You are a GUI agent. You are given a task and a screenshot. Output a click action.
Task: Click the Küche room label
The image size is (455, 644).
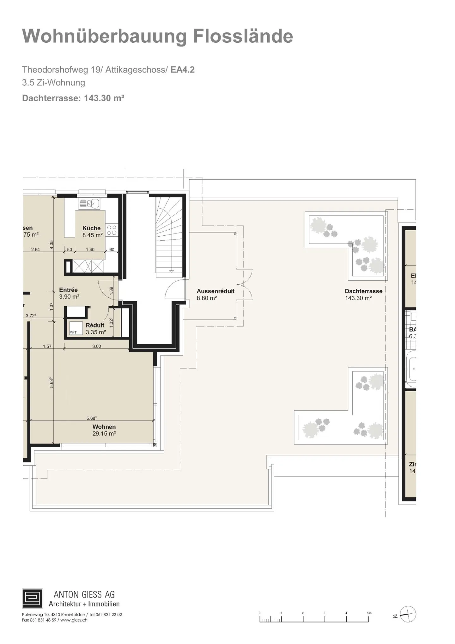click(x=91, y=228)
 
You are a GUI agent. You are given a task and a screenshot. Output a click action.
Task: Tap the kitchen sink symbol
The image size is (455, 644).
click(x=89, y=204)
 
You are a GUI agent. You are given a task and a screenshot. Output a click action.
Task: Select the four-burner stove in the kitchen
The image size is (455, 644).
click(x=112, y=230)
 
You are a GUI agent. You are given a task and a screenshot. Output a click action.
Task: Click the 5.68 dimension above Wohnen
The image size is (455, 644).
click(x=91, y=418)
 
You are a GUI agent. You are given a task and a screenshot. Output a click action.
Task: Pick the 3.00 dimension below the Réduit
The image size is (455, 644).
click(x=96, y=346)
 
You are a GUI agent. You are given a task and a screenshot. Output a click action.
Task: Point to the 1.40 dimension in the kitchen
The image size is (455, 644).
click(x=90, y=250)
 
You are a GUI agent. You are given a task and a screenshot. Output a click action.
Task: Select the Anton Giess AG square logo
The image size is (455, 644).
click(x=32, y=598)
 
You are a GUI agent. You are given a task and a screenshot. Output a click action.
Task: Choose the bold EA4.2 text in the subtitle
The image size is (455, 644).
click(x=182, y=70)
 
